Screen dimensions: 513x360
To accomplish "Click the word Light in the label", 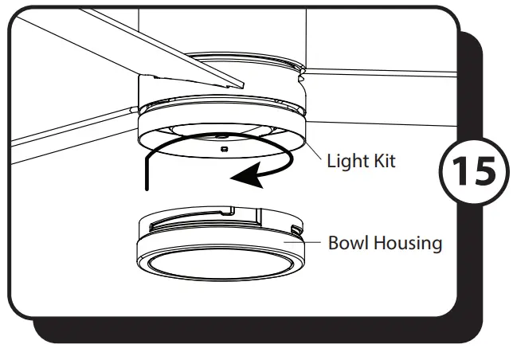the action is [346, 162].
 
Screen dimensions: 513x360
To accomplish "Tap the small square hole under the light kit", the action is [224, 148].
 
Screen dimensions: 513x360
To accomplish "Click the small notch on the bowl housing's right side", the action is [296, 230].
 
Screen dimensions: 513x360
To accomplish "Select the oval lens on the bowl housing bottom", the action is [222, 264].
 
